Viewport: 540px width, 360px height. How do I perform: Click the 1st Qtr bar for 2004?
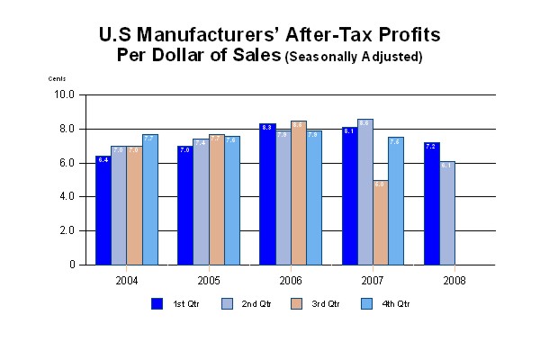pyautogui.click(x=103, y=211)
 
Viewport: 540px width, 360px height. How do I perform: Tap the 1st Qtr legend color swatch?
pyautogui.click(x=157, y=303)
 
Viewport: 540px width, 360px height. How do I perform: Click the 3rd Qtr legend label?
pyautogui.click(x=326, y=304)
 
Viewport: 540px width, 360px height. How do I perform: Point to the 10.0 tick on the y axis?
pyautogui.click(x=65, y=94)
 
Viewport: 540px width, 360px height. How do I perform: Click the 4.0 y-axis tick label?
pyautogui.click(x=67, y=196)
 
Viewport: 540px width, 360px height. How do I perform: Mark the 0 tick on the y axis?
pyautogui.click(x=73, y=265)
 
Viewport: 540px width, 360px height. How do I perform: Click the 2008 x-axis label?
pyautogui.click(x=454, y=280)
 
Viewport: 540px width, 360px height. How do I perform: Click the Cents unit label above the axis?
pyautogui.click(x=58, y=78)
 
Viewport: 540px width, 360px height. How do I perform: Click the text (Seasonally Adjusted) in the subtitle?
pyautogui.click(x=354, y=58)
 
